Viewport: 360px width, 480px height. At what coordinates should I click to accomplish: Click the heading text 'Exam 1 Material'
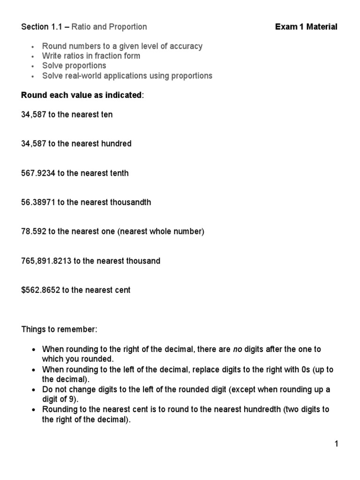(x=306, y=27)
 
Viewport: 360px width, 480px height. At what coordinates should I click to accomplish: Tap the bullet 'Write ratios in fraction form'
(x=91, y=56)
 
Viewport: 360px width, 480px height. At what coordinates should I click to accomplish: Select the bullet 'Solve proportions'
(x=74, y=66)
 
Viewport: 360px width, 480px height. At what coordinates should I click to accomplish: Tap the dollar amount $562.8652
(x=41, y=290)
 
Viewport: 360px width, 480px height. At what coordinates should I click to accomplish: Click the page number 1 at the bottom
(x=336, y=444)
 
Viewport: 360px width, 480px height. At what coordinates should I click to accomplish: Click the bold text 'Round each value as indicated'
(x=81, y=95)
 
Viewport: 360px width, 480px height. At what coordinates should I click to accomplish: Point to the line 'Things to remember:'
(x=59, y=330)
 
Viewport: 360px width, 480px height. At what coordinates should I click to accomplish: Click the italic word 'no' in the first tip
(x=238, y=349)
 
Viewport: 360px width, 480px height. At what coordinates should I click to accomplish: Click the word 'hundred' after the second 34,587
(x=117, y=144)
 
